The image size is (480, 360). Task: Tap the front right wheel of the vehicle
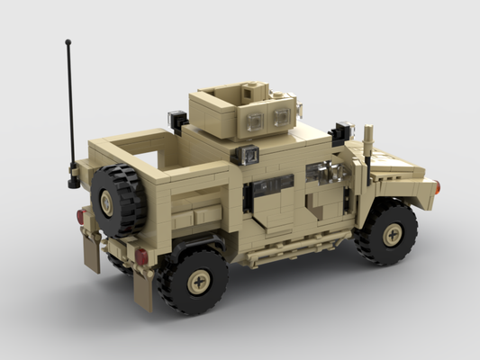click(x=387, y=233)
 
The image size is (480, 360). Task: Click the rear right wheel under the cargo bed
click(x=193, y=279)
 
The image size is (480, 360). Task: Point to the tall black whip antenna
click(x=69, y=108)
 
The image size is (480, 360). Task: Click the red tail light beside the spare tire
click(x=80, y=217)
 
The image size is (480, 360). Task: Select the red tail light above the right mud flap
click(x=142, y=256)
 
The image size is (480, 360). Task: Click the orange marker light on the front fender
click(x=437, y=187)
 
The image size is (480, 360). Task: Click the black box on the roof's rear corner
click(x=177, y=118)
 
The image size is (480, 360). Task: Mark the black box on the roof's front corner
click(x=341, y=132)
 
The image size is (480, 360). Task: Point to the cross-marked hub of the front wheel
click(x=393, y=234)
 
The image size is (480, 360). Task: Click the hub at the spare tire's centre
click(x=106, y=203)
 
